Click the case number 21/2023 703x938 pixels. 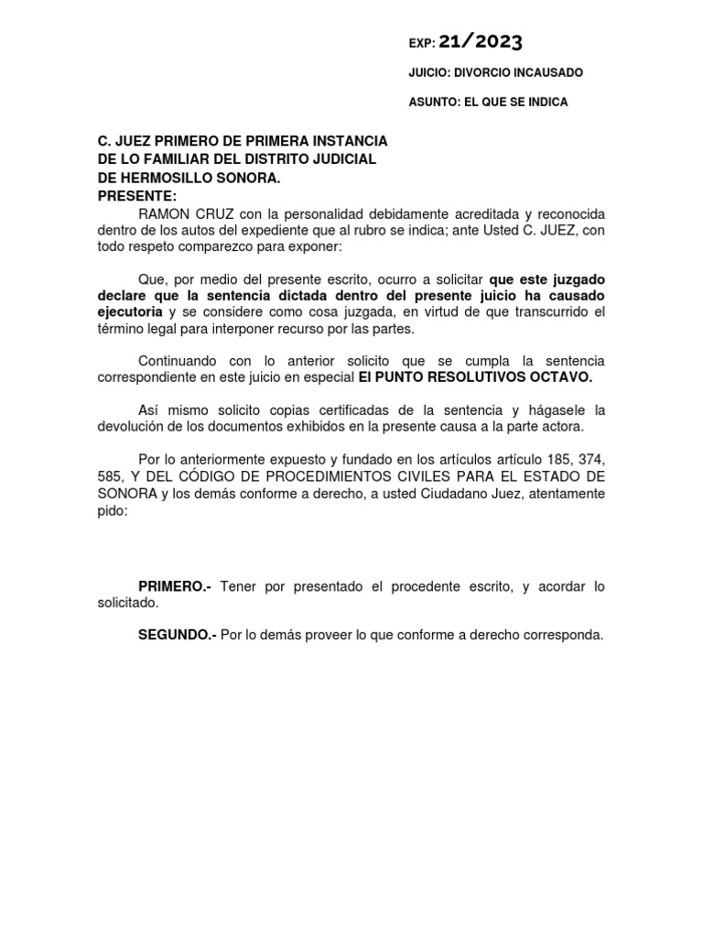point(481,41)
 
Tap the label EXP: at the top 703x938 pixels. point(422,43)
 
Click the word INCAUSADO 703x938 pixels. point(550,72)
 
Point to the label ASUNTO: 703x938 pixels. point(434,102)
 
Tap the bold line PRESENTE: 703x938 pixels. point(137,196)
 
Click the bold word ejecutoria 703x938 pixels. point(131,312)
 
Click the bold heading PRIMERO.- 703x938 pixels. point(174,586)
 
